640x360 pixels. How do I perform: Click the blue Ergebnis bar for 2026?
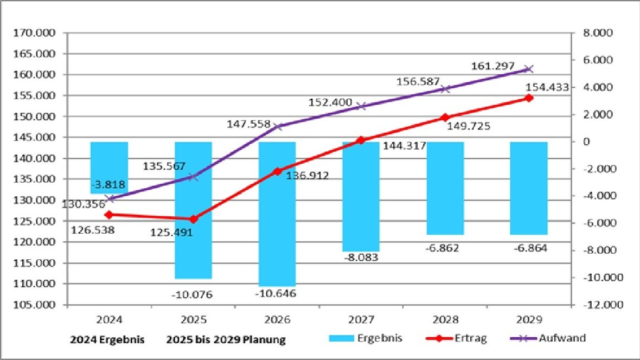pyautogui.click(x=277, y=214)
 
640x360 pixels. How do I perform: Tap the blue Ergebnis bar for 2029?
pyautogui.click(x=529, y=188)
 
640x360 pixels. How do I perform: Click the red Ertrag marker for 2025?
pyautogui.click(x=193, y=219)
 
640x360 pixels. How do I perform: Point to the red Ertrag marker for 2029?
pyautogui.click(x=529, y=98)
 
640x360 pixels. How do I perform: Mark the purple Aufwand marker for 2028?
pyautogui.click(x=445, y=89)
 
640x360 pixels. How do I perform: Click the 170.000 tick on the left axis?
pyautogui.click(x=35, y=33)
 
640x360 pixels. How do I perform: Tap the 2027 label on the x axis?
pyautogui.click(x=361, y=320)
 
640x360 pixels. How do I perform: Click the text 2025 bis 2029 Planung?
pyautogui.click(x=226, y=340)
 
